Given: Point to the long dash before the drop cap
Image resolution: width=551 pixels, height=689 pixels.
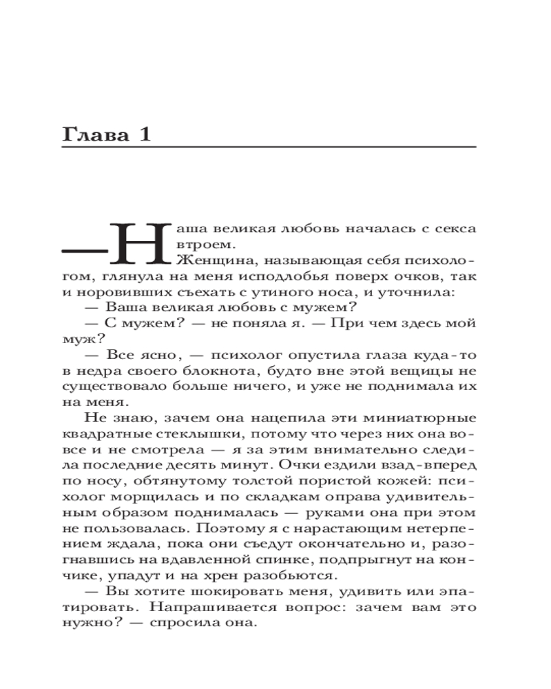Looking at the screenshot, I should pos(85,247).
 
